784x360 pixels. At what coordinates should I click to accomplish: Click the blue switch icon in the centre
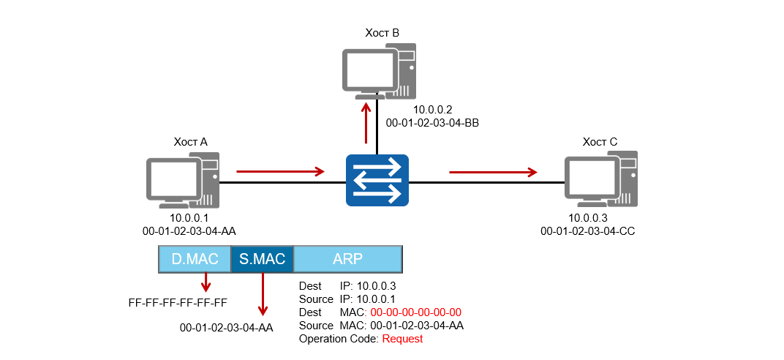click(377, 180)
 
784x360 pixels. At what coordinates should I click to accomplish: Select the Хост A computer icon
click(184, 179)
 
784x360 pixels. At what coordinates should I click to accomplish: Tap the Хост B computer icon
click(379, 71)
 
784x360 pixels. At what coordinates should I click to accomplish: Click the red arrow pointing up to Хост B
click(366, 123)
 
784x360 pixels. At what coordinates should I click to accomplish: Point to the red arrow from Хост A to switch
click(280, 172)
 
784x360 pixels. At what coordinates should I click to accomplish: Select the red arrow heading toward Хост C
click(492, 173)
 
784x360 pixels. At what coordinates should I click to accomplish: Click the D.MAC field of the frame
click(195, 260)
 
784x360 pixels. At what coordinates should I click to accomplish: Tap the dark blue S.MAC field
click(262, 260)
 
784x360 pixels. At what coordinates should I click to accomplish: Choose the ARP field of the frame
click(347, 260)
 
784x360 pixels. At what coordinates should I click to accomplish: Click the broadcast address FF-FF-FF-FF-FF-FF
click(177, 301)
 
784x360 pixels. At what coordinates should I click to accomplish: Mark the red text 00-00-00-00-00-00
click(416, 312)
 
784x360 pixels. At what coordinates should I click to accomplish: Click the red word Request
click(402, 339)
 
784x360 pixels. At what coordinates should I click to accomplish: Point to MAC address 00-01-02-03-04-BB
click(431, 123)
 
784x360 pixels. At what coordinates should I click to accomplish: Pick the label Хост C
click(600, 141)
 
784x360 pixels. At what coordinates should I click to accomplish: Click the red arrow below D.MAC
click(206, 282)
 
